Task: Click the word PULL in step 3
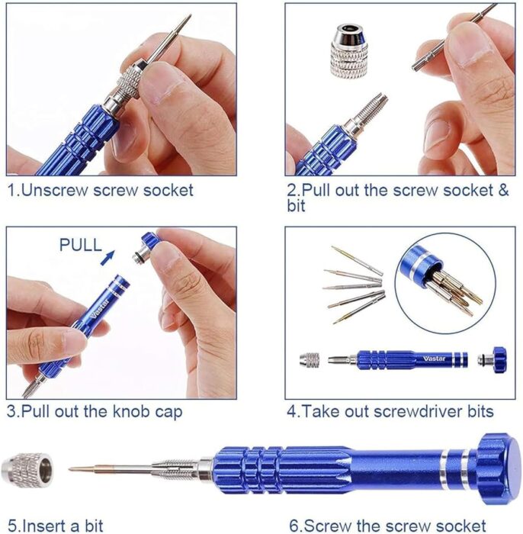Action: coord(81,245)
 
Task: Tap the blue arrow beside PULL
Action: coord(107,258)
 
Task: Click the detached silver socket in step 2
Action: coord(348,50)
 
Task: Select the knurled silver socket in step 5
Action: coord(27,470)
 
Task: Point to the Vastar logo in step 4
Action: coord(435,359)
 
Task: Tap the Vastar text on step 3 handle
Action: coord(100,307)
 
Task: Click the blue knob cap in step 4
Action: coord(493,359)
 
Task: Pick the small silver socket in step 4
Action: coord(310,360)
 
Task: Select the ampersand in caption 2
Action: coord(503,190)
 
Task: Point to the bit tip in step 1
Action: coord(189,16)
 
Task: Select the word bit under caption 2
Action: coord(296,207)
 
